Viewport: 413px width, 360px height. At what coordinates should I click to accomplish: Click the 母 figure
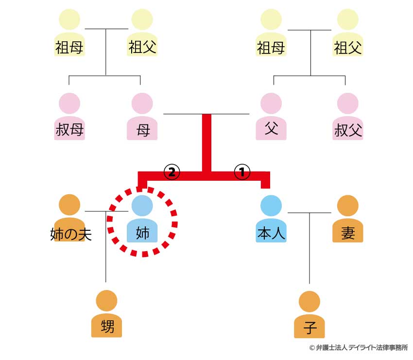143,119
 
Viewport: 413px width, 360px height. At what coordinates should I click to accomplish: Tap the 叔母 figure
69,119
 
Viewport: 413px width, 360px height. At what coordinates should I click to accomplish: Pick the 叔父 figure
348,119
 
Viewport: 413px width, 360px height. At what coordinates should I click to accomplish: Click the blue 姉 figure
142,221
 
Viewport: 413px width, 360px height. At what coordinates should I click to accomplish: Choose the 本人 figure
271,221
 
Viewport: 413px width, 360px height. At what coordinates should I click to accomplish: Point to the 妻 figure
348,221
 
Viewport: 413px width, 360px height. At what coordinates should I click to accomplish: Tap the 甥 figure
107,316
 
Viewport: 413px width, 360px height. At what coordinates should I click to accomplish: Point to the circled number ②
172,171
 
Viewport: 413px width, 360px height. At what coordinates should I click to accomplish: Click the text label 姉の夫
71,234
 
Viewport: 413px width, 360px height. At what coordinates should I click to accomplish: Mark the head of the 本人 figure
271,206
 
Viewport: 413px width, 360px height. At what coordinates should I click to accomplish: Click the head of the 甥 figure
107,301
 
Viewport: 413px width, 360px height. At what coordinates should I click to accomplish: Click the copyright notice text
358,348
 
